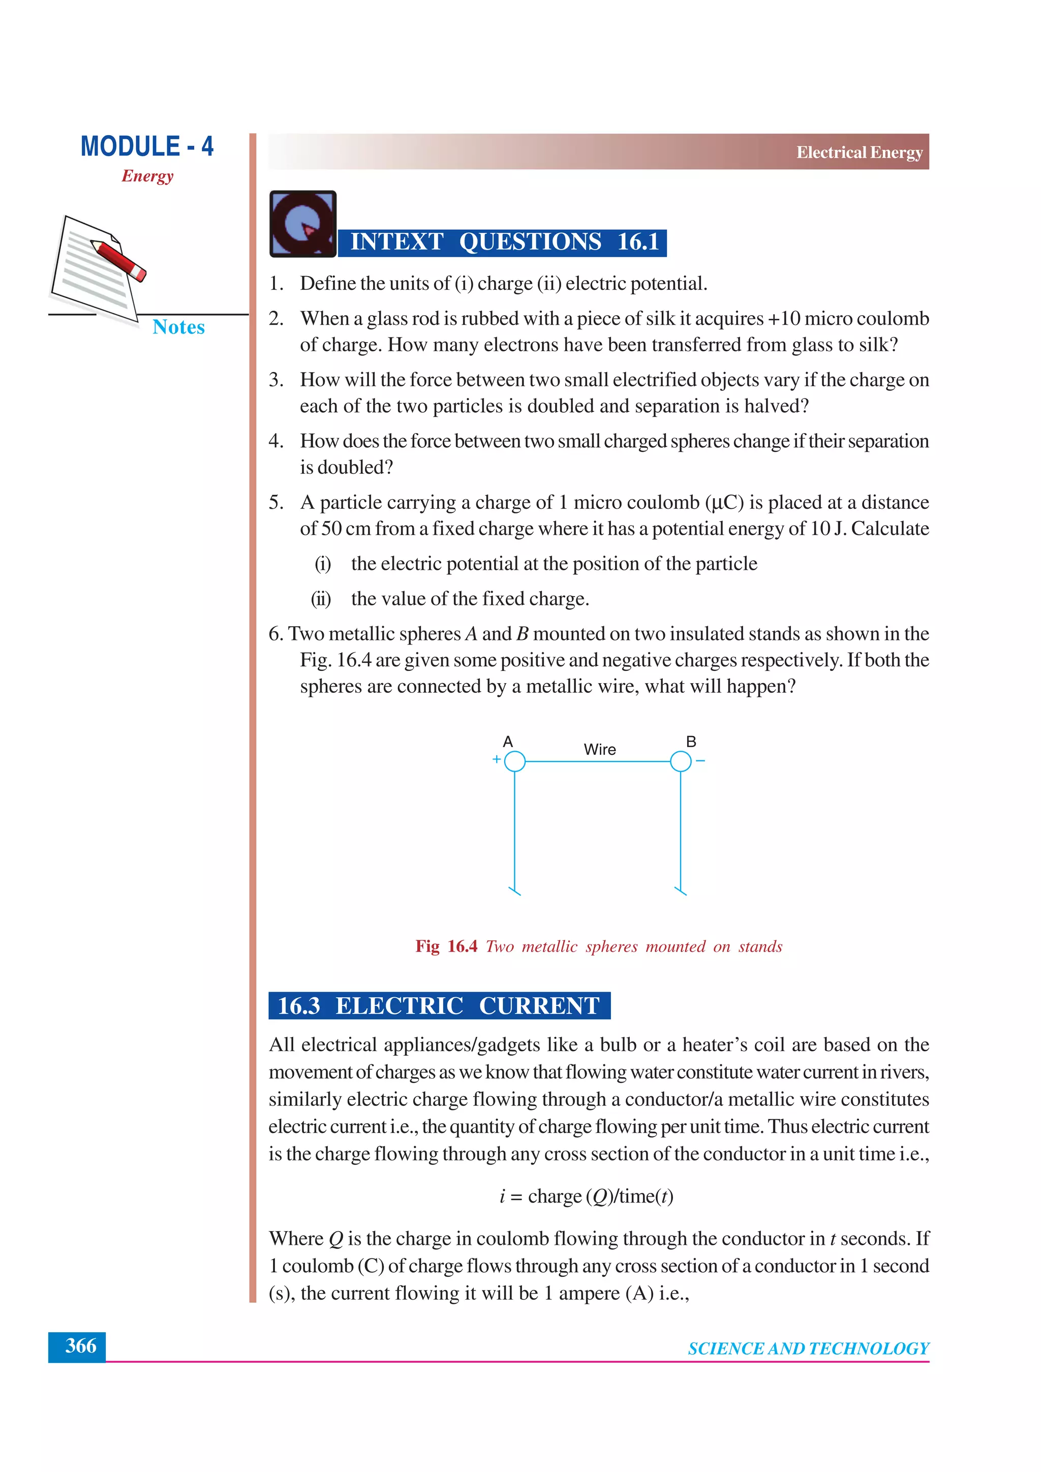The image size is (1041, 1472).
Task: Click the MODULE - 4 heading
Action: click(147, 146)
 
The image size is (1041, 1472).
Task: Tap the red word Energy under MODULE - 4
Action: click(147, 176)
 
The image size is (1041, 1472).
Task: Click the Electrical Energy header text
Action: click(859, 152)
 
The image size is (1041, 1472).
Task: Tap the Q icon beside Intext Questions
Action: click(302, 224)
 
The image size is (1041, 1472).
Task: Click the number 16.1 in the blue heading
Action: click(638, 242)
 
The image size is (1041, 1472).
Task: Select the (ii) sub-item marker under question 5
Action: click(321, 599)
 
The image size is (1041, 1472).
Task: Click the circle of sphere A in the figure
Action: click(515, 761)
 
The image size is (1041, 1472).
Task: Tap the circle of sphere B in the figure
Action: click(681, 761)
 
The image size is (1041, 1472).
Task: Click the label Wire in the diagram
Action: click(599, 749)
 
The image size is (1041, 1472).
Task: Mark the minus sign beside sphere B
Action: click(700, 761)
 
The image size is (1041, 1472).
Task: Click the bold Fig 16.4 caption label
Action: click(446, 946)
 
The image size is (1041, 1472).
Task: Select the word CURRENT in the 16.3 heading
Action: click(539, 1005)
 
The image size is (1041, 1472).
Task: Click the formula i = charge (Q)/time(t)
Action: click(586, 1197)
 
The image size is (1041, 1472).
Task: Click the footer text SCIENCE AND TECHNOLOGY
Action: click(808, 1349)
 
